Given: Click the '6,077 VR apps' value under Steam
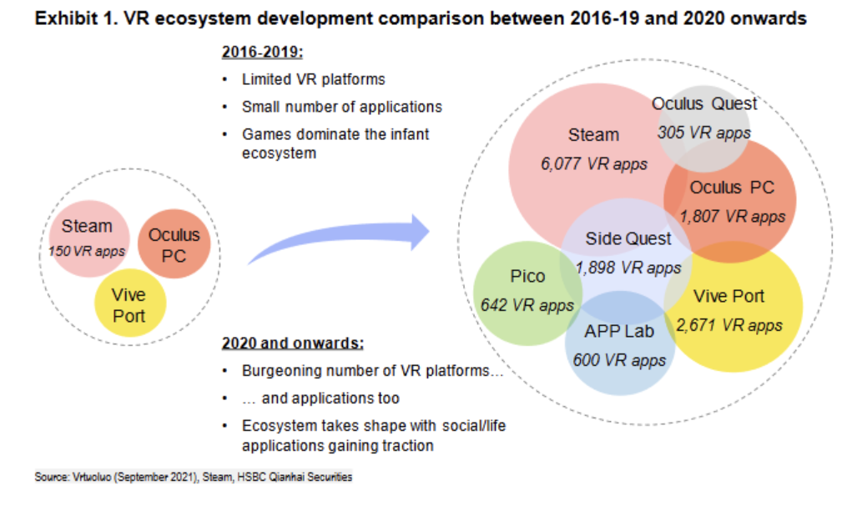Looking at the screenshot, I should tap(593, 164).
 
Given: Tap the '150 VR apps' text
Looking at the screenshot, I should tap(87, 250).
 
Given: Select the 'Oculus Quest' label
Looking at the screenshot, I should tap(704, 104).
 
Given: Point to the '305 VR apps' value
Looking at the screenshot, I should tap(703, 133).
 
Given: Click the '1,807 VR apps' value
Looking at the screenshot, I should tap(732, 216).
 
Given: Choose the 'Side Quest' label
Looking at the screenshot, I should tap(628, 239).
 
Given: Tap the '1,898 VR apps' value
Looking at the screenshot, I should tap(628, 268).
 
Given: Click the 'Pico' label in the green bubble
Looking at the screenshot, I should tap(527, 277).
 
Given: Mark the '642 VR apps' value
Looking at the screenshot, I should tap(527, 305).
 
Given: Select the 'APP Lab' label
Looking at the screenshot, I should tap(618, 331).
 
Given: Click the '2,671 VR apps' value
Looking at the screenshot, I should tap(729, 325).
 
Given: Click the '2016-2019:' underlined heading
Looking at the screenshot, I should tap(262, 52).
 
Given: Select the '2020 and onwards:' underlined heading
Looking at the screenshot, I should tap(292, 343).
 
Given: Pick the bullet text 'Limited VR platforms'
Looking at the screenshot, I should tap(313, 80).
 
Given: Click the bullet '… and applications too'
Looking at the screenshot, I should tap(320, 398).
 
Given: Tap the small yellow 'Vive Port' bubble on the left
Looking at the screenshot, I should tap(129, 305).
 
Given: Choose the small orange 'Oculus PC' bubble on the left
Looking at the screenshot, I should tap(174, 245).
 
